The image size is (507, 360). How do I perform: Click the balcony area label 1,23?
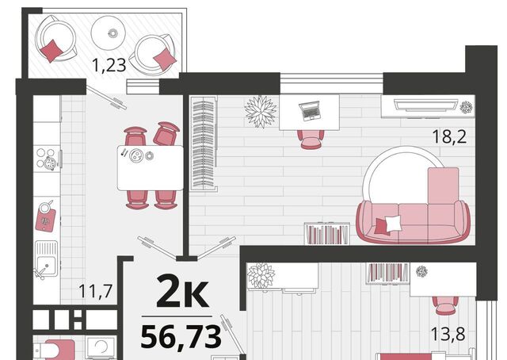pos(109,65)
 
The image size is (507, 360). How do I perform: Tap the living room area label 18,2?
pos(449,136)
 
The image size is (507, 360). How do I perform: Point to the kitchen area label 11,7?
pos(95,290)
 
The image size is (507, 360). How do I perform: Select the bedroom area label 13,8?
pos(448,334)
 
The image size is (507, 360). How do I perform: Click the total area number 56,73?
pos(181,337)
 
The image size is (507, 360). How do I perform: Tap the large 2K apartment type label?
pos(182,291)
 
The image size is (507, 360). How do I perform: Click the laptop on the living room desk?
pos(310,111)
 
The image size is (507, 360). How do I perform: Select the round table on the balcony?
pos(108,33)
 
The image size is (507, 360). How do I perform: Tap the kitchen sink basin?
pos(46,259)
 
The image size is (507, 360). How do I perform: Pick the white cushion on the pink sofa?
pos(393,223)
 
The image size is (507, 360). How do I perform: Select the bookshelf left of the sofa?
pos(327,233)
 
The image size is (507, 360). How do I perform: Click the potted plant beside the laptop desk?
pos(261,111)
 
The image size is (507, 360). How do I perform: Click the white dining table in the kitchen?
pos(151,168)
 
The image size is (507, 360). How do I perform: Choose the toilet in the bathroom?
pos(55,350)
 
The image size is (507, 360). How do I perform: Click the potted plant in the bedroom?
pos(261,275)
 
